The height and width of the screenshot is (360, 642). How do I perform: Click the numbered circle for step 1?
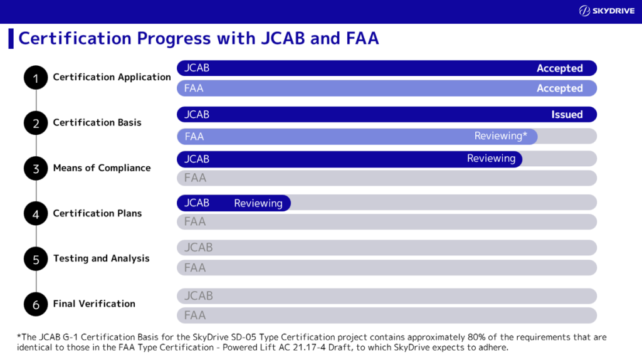point(36,78)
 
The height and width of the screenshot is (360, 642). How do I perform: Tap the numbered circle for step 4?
point(36,214)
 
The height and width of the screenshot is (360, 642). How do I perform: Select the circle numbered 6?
point(36,304)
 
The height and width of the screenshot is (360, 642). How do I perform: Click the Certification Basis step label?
point(97,122)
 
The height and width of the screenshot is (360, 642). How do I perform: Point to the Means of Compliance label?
point(102,167)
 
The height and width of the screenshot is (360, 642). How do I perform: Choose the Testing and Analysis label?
point(101,258)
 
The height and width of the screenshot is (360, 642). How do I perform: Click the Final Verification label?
point(94,304)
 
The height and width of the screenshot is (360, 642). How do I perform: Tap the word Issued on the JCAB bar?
point(567,115)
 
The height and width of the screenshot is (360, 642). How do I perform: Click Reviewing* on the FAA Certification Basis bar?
point(500,136)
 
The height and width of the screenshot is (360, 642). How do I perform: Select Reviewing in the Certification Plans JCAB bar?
point(258,203)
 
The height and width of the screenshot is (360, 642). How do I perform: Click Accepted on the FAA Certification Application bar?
point(559,88)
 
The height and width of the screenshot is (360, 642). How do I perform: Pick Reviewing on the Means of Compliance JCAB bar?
point(491,159)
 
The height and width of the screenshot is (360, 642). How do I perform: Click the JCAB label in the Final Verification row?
point(198,296)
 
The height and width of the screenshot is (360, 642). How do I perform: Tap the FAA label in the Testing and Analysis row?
point(195,268)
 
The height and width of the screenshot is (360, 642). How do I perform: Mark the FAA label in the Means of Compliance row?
point(195,178)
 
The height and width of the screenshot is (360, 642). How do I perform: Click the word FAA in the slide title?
point(362,38)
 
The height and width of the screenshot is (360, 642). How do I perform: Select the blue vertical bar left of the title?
point(11,38)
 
